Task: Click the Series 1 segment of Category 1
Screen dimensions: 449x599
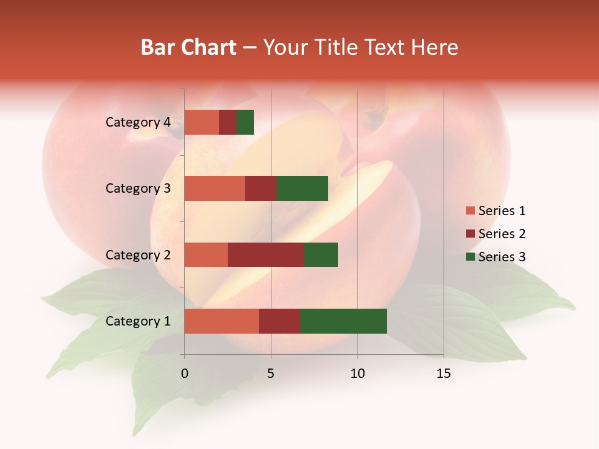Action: (x=222, y=321)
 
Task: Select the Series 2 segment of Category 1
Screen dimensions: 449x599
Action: (x=280, y=321)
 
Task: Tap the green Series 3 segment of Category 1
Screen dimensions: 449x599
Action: (x=343, y=321)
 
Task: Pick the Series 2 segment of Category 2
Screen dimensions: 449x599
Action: (x=266, y=254)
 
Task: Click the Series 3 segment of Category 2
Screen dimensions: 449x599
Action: (x=321, y=254)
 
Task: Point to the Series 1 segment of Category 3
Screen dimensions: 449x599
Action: (x=215, y=188)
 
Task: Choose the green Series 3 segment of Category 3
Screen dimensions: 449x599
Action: (x=302, y=188)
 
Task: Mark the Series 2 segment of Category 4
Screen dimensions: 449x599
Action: (x=228, y=122)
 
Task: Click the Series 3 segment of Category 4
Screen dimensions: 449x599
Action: (x=245, y=122)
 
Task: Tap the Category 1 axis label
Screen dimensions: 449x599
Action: (x=137, y=321)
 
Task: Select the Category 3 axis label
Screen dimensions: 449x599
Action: (x=137, y=188)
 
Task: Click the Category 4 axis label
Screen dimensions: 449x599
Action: (x=137, y=122)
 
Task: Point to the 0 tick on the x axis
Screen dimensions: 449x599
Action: (x=184, y=374)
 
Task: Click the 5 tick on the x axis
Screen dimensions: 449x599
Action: (x=271, y=374)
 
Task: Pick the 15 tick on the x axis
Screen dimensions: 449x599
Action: (x=443, y=374)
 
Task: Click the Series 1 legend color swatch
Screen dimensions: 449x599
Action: (x=470, y=211)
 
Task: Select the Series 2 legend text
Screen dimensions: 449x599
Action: (x=502, y=234)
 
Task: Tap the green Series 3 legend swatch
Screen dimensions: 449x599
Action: (x=470, y=257)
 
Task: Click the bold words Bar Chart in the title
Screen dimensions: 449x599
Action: (x=188, y=47)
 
